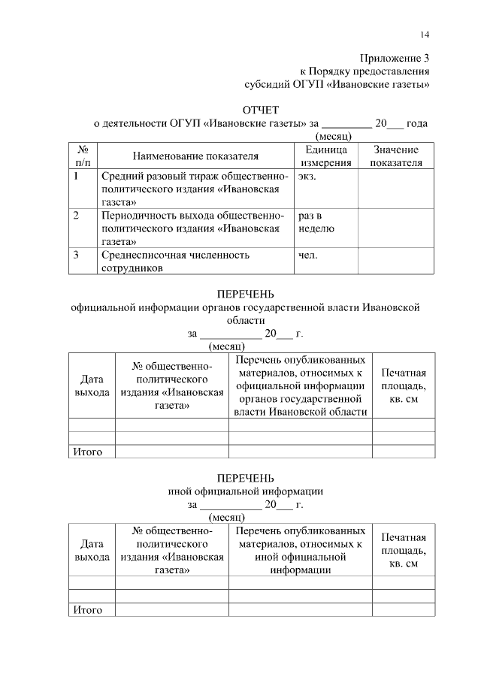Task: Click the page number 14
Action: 425,35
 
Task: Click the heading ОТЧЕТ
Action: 260,110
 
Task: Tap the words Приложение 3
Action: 394,58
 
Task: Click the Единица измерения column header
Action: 326,156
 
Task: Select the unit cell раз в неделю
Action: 316,222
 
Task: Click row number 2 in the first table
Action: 77,216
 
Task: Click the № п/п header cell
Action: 83,156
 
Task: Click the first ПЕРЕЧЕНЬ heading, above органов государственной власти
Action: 246,294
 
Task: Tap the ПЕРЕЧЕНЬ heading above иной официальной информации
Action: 246,478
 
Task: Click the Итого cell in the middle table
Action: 87,452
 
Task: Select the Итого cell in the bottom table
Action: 87,609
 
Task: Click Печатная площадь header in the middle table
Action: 404,385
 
